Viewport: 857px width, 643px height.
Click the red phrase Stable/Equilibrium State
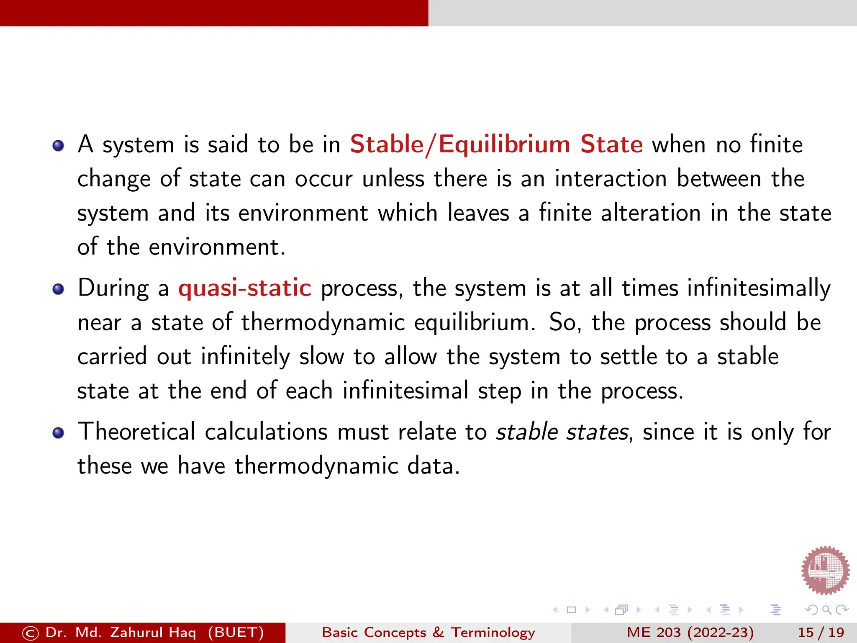[496, 144]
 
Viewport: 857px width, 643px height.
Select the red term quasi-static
[245, 288]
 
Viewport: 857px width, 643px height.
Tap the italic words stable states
[562, 432]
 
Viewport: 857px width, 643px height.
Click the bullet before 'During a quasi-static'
[58, 289]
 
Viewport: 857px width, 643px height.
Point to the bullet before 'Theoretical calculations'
[58, 433]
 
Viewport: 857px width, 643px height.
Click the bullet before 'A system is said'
[58, 146]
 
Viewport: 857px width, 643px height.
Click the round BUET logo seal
[825, 570]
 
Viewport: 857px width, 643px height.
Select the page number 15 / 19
[821, 632]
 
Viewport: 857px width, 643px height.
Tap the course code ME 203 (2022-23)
[690, 632]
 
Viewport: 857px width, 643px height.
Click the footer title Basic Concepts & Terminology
[428, 632]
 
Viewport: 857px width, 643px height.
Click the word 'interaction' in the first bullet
[611, 179]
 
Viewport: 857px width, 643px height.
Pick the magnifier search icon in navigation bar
[826, 610]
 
